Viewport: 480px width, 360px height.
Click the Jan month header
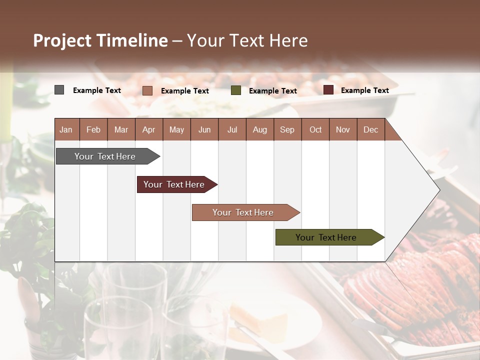click(66, 129)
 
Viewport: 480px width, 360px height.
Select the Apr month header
click(148, 129)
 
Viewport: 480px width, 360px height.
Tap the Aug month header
click(259, 129)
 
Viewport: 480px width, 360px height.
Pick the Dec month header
click(370, 129)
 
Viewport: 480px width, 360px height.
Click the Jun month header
click(204, 129)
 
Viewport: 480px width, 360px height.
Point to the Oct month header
click(315, 129)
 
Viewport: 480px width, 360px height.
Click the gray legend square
click(59, 90)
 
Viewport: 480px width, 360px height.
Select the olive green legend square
click(236, 90)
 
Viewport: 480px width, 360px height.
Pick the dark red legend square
click(328, 90)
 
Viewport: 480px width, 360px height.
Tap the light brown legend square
click(147, 90)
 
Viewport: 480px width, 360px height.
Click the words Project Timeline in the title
click(100, 40)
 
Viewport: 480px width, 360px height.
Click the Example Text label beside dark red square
click(364, 90)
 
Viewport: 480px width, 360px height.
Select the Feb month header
click(93, 129)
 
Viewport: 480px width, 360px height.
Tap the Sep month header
click(287, 129)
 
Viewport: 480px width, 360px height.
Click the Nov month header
click(342, 129)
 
